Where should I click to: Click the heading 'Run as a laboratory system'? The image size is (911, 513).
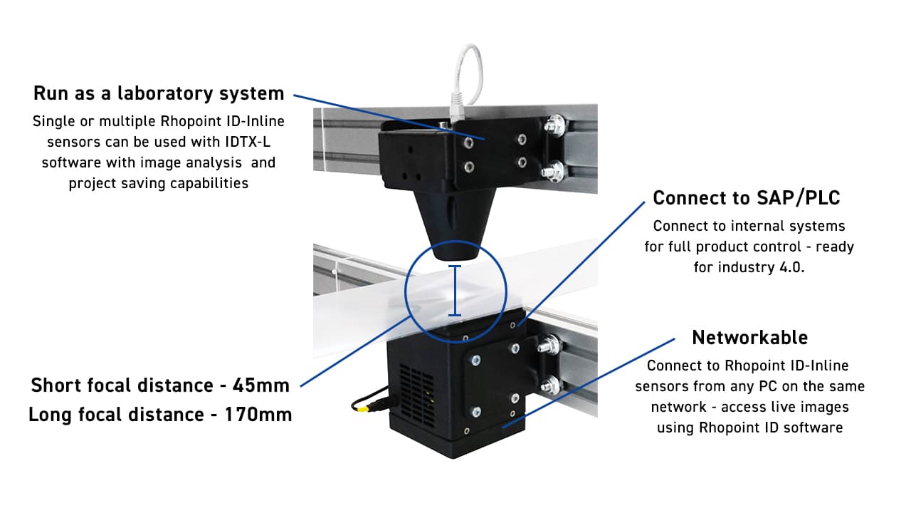(x=159, y=93)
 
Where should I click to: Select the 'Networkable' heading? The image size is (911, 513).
(x=749, y=337)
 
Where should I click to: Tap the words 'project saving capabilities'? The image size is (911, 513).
(x=159, y=183)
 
